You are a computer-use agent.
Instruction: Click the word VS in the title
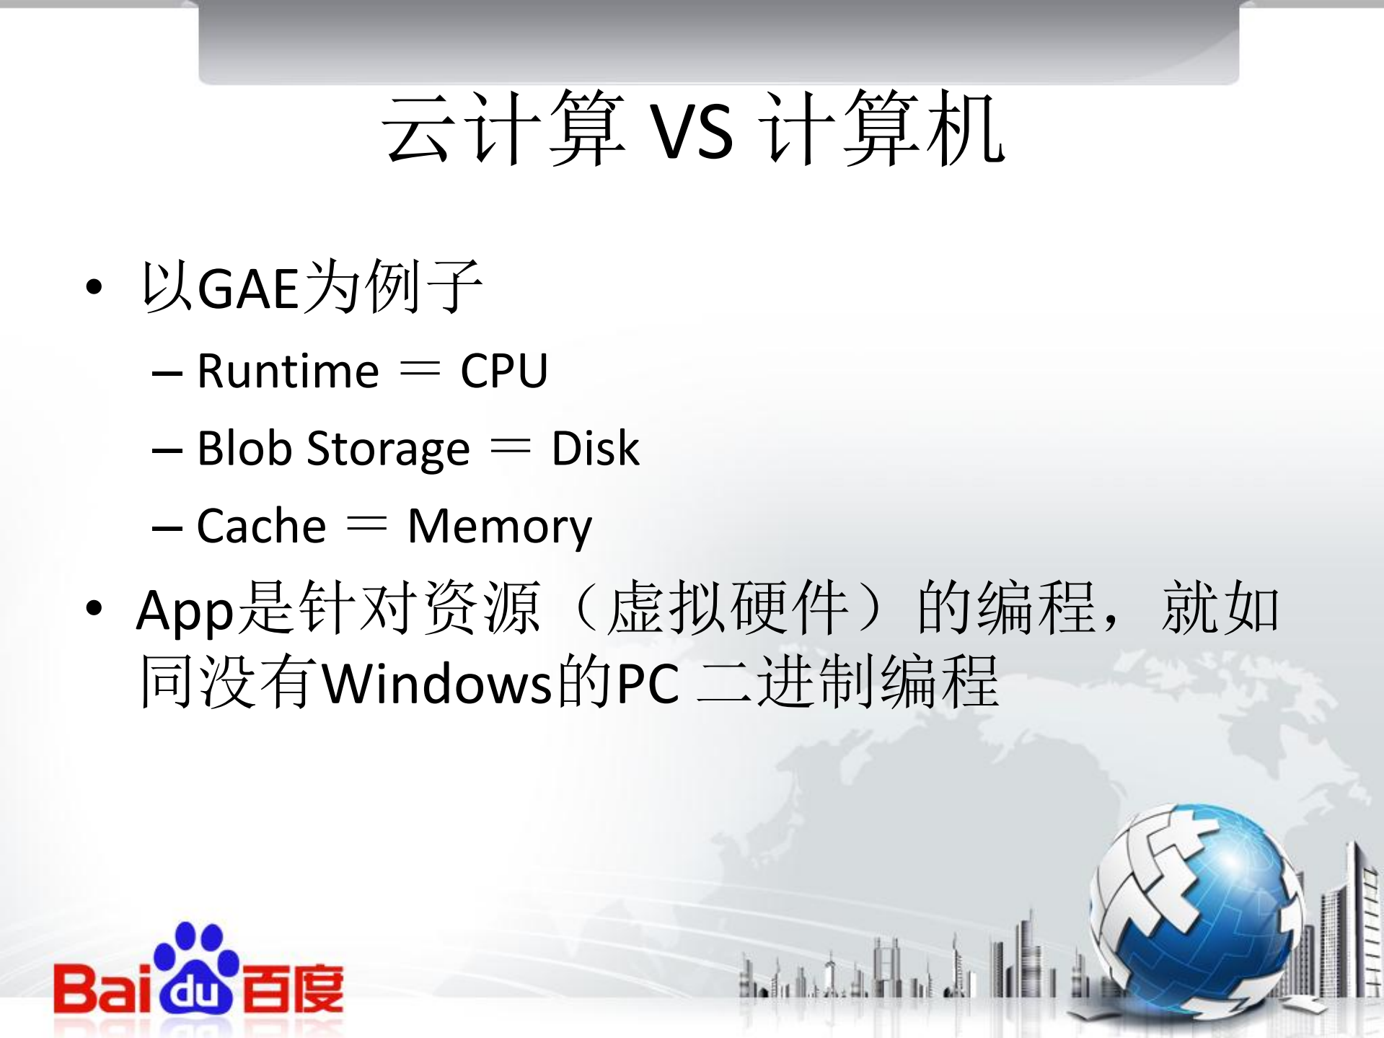[692, 133]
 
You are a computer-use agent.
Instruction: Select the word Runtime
[288, 371]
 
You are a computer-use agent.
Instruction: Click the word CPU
[504, 371]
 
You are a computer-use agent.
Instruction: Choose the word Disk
[595, 449]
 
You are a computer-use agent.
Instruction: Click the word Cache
[261, 526]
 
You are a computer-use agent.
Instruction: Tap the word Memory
[499, 527]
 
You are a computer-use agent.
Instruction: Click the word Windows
[436, 683]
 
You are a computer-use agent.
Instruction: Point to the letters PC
[648, 683]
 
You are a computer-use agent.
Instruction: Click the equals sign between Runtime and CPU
[419, 369]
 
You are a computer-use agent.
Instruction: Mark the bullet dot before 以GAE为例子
[94, 288]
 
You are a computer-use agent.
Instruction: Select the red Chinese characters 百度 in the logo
[292, 988]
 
